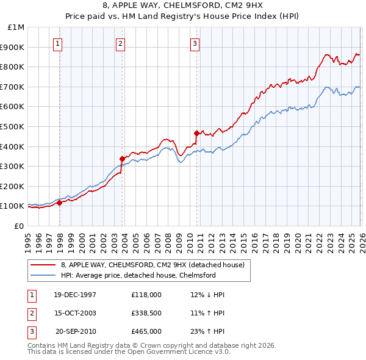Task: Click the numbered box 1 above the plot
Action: coord(58,43)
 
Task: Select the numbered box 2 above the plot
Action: coord(121,43)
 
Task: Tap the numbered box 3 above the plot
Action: coord(195,43)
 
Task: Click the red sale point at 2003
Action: coord(123,159)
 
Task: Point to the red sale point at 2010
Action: coord(196,133)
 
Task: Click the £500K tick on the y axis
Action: coord(12,126)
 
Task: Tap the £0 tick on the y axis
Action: coord(20,226)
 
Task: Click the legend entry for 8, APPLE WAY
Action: coord(152,265)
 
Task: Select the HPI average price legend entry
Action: coord(138,276)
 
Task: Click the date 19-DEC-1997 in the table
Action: coord(75,295)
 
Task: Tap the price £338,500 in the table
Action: coord(146,313)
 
